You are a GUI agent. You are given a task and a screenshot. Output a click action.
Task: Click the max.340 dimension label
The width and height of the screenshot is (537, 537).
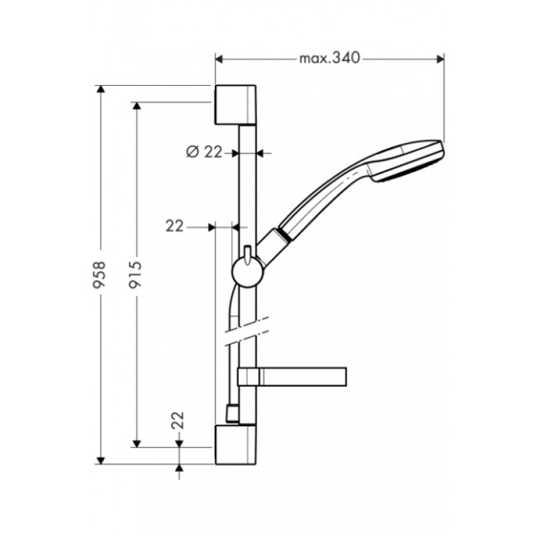click(x=330, y=58)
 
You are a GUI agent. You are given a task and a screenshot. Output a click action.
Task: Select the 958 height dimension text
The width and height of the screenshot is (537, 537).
click(x=99, y=275)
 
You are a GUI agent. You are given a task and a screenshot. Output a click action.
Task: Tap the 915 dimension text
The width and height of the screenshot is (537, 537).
click(x=136, y=275)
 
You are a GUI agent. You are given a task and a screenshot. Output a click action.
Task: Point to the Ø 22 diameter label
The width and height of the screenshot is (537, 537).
click(x=205, y=152)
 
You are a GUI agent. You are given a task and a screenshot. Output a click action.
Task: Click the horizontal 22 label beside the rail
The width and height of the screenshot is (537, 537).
click(x=175, y=226)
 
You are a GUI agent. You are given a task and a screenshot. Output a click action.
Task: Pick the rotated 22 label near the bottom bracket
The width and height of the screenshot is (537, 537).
click(x=178, y=420)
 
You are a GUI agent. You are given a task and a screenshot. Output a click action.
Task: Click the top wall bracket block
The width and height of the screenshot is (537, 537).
click(x=236, y=105)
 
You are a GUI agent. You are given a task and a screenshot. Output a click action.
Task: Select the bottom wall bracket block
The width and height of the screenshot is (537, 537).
click(x=236, y=444)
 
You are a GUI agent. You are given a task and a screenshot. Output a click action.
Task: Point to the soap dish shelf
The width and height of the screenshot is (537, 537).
click(x=292, y=377)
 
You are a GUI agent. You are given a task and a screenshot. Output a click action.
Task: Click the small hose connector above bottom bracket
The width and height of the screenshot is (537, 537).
click(x=232, y=413)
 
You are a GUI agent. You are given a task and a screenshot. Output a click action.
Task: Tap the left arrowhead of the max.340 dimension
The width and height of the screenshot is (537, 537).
click(x=219, y=59)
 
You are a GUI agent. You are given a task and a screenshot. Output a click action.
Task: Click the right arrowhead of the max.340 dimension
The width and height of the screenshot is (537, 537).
click(x=440, y=59)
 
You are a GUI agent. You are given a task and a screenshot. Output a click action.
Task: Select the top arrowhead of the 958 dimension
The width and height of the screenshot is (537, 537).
click(x=100, y=89)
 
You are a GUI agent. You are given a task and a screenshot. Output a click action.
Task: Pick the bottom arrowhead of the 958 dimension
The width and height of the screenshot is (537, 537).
click(x=100, y=460)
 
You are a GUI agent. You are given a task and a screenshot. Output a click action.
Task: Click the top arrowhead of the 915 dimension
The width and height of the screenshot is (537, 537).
click(x=137, y=106)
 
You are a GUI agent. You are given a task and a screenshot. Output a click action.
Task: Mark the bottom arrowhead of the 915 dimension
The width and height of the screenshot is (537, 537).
click(x=137, y=444)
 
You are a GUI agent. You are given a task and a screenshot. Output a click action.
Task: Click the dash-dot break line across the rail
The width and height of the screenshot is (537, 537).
click(x=246, y=331)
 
